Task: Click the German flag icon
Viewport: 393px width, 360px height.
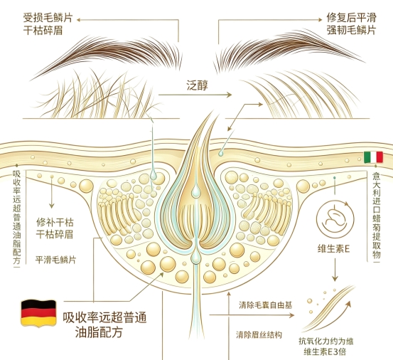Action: click(38, 313)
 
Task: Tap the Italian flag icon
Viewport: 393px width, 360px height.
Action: click(373, 157)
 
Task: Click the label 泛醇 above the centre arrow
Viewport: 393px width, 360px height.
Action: click(198, 85)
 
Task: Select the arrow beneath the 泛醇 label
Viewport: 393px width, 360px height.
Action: click(195, 95)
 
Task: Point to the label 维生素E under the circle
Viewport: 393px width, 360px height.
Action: click(333, 248)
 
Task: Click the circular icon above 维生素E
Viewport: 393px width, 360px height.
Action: click(335, 218)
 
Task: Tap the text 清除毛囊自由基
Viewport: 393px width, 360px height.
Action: click(265, 305)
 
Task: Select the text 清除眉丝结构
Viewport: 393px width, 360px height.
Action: click(259, 334)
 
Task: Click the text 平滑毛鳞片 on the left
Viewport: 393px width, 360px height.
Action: click(55, 260)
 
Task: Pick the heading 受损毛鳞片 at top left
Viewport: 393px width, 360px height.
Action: click(48, 18)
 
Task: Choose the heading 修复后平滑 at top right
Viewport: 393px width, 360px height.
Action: click(351, 18)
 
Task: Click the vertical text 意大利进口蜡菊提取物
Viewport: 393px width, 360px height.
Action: click(376, 216)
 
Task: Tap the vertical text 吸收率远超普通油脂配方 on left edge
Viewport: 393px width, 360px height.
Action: click(17, 217)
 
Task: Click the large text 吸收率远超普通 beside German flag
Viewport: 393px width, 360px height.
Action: click(104, 317)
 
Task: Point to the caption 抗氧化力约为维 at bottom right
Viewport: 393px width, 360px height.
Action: click(325, 342)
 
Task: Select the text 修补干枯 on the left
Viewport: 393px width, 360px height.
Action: click(55, 222)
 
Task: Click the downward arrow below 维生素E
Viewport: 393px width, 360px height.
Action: click(335, 270)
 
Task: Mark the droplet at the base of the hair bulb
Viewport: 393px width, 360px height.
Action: click(195, 256)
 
